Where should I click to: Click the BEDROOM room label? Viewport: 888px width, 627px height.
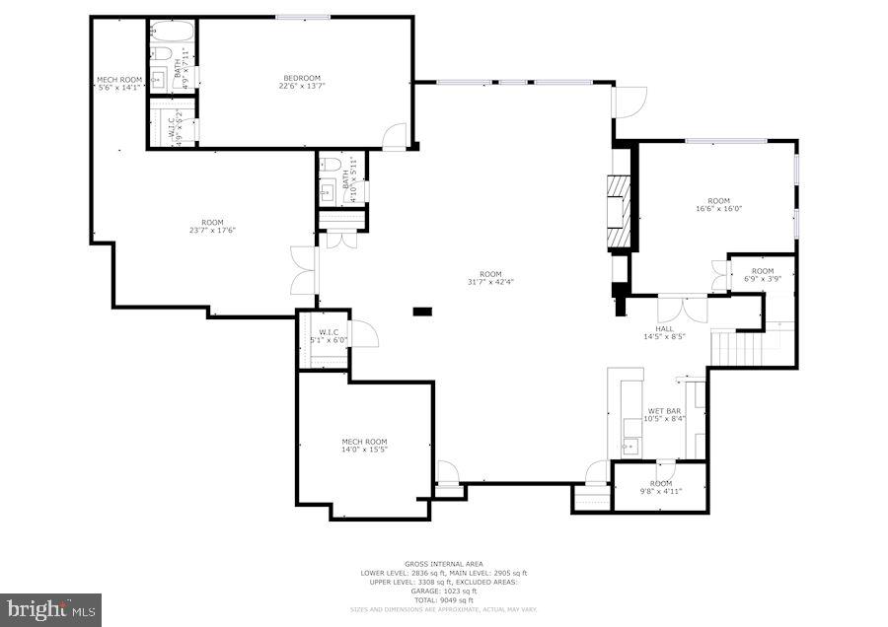coord(302,78)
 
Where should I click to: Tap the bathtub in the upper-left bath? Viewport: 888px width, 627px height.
coord(161,55)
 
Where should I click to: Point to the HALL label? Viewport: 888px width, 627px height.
coord(664,329)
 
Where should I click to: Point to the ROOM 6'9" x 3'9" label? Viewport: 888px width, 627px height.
coord(763,271)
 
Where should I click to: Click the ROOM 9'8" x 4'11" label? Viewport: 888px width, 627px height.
coord(660,483)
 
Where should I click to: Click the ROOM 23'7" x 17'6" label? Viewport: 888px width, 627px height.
coord(212,222)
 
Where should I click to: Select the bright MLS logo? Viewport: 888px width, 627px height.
coord(51,608)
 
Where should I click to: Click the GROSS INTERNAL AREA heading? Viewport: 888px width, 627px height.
coord(443,565)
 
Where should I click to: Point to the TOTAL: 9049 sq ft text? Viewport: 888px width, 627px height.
coord(443,600)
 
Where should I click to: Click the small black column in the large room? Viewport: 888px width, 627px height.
coord(422,313)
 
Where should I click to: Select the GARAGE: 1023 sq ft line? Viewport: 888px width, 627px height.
coord(443,592)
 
